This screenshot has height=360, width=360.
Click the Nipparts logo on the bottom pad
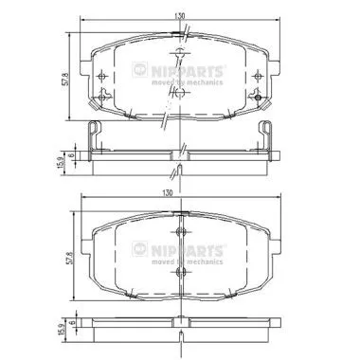coord(190,248)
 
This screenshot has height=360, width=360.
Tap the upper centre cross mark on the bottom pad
coord(179,233)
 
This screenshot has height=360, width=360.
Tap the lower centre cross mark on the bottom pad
coord(179,272)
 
